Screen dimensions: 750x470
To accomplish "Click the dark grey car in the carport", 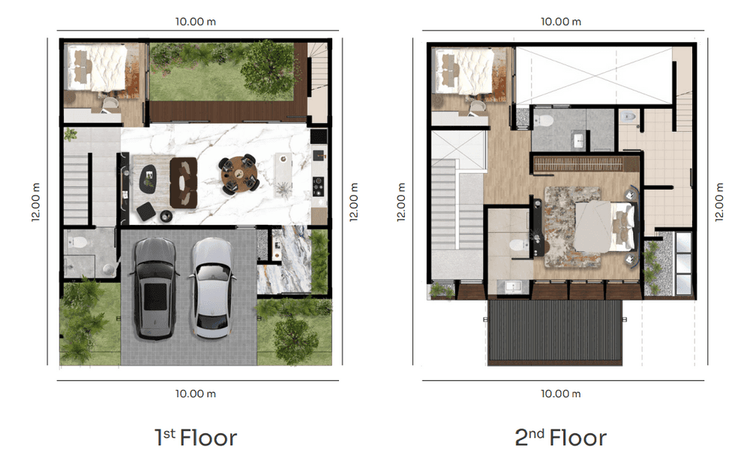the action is pyautogui.click(x=154, y=289).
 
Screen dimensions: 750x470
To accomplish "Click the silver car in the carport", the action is pyautogui.click(x=211, y=289).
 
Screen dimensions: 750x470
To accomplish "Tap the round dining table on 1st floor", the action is pyautogui.click(x=238, y=174).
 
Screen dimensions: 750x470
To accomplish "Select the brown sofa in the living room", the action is pyautogui.click(x=184, y=183).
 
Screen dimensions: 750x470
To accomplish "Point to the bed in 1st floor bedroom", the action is pyautogui.click(x=97, y=67).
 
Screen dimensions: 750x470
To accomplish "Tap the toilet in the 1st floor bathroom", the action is pyautogui.click(x=77, y=242).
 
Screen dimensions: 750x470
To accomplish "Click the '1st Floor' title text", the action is pyautogui.click(x=196, y=438).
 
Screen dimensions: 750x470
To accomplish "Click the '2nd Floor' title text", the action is pyautogui.click(x=560, y=438).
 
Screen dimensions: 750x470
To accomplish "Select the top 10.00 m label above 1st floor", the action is pyautogui.click(x=196, y=22).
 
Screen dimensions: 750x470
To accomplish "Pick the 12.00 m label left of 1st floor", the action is pyautogui.click(x=36, y=202).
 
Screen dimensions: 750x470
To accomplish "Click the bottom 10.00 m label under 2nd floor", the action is pyautogui.click(x=560, y=394).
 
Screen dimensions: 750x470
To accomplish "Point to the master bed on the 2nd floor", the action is pyautogui.click(x=604, y=226).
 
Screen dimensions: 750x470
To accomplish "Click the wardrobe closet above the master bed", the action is pyautogui.click(x=586, y=164).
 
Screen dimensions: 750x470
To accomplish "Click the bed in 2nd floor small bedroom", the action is pyautogui.click(x=463, y=70).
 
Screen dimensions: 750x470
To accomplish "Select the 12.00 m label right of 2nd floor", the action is pyautogui.click(x=719, y=202).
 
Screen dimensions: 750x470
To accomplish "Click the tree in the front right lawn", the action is pyautogui.click(x=295, y=338).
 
